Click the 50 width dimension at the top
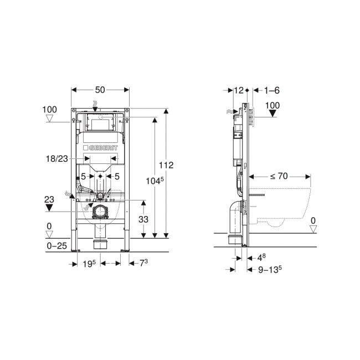coord(101,89)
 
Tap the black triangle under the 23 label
coord(50,207)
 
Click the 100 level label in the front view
coord(50,109)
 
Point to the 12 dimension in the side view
coord(239,90)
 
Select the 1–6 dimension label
coord(272,90)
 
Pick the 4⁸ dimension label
coord(262,257)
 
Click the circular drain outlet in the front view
coord(100,211)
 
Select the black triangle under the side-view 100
coord(273,115)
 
